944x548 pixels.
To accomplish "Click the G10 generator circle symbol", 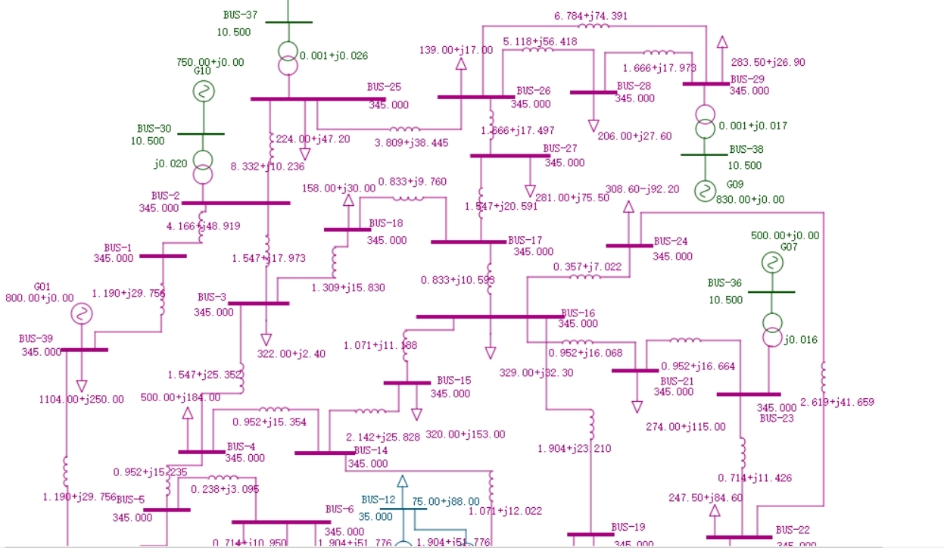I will pos(202,92).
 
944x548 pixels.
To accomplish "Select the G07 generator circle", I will pos(771,263).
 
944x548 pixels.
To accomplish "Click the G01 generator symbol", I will pos(81,313).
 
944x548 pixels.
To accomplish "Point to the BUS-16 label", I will pos(579,313).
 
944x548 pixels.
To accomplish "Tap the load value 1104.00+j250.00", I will pos(82,400).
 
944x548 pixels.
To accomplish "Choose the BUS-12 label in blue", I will pos(379,500).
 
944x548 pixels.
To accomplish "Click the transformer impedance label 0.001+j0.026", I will pos(334,55).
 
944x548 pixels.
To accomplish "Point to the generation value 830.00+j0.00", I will pos(750,200).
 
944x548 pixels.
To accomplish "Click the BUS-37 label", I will pos(240,15).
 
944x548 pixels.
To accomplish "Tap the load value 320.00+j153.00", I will pos(465,434).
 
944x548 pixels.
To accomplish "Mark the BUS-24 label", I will pos(671,241).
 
